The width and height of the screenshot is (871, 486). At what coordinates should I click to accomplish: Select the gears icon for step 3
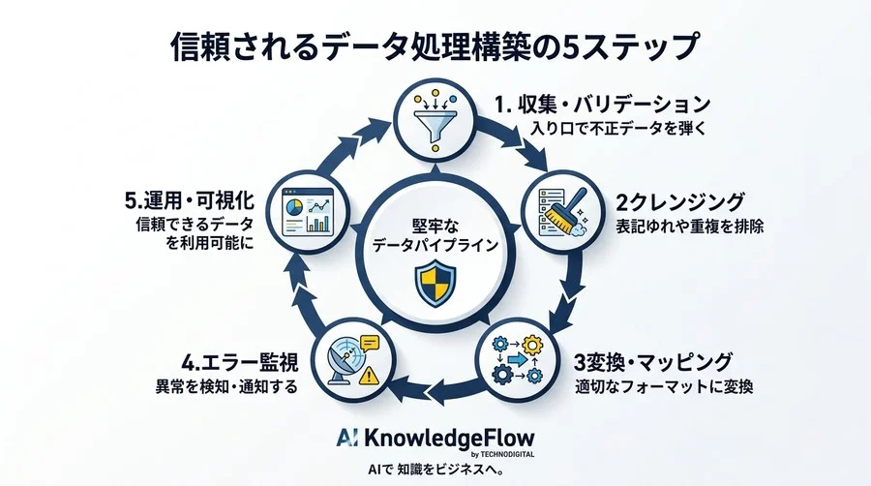pyautogui.click(x=518, y=359)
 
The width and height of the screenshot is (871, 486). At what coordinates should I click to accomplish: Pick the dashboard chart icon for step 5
pyautogui.click(x=309, y=212)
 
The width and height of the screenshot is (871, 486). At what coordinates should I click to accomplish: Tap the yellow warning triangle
pyautogui.click(x=369, y=377)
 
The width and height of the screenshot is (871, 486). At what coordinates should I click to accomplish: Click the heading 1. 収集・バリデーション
pyautogui.click(x=603, y=104)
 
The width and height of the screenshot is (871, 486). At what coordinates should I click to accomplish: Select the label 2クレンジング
pyautogui.click(x=680, y=201)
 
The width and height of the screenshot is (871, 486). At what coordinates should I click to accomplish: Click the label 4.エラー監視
pyautogui.click(x=240, y=362)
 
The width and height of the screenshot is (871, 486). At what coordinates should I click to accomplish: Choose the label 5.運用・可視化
pyautogui.click(x=190, y=200)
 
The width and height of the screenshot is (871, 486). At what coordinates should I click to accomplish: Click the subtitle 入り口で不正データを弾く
pyautogui.click(x=618, y=129)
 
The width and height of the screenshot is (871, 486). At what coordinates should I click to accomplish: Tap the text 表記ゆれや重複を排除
pyautogui.click(x=690, y=227)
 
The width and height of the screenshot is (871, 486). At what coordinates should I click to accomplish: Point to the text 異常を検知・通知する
pyautogui.click(x=226, y=386)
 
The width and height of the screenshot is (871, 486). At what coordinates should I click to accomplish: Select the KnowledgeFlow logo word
pyautogui.click(x=449, y=439)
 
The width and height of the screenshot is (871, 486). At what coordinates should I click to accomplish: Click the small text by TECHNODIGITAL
pyautogui.click(x=502, y=454)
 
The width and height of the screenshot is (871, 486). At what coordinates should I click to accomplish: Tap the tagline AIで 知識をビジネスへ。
pyautogui.click(x=436, y=470)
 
